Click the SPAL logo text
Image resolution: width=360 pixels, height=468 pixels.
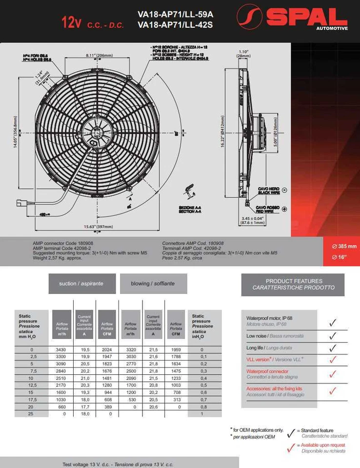coord(306,18)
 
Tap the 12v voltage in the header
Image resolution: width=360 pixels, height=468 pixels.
coord(71,22)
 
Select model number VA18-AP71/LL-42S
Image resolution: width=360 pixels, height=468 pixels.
coord(175,24)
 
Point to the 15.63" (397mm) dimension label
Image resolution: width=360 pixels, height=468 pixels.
coord(98,226)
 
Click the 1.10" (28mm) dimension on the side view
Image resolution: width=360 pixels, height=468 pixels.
coord(244,54)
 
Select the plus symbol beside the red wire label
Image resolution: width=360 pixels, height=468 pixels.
coord(284,209)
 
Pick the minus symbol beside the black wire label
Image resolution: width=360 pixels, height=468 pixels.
coord(284,190)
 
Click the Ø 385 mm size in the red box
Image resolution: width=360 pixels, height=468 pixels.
coord(341,246)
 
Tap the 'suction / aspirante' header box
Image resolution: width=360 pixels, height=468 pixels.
coord(81,283)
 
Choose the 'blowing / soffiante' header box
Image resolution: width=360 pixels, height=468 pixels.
coord(153,283)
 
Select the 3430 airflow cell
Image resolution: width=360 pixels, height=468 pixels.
coord(61,350)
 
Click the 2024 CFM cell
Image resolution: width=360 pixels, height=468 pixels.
coord(107,350)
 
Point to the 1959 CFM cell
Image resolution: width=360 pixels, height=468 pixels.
coord(176,350)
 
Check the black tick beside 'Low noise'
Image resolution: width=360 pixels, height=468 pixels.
coord(333,336)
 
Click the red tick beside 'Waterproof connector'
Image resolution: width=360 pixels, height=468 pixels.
coord(333,374)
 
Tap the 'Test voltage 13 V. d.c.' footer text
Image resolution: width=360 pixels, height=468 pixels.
coord(118,464)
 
